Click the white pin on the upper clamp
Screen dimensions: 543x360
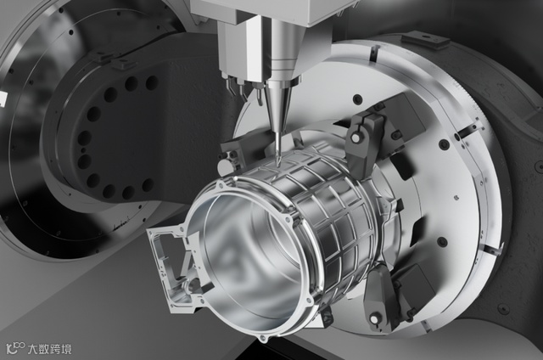(x=355, y=138)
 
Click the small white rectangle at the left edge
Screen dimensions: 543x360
(x=3, y=98)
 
